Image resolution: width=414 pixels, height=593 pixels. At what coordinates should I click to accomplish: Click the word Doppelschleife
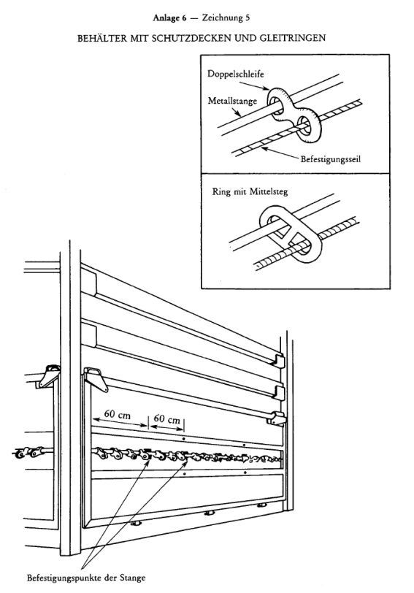tap(236, 73)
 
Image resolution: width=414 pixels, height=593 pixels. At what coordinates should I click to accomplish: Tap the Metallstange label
tap(232, 101)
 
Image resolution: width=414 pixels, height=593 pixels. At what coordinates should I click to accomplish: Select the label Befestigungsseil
tap(331, 159)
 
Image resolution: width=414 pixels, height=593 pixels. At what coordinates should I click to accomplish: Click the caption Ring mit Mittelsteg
tap(250, 191)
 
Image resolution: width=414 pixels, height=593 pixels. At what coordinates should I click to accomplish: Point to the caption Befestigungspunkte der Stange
tap(86, 578)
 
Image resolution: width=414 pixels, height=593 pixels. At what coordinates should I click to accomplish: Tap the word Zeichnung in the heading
tap(221, 18)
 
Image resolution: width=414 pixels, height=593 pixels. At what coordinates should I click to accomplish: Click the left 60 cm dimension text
tap(118, 415)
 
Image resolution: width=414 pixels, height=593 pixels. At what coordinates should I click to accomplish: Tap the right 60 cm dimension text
tap(167, 419)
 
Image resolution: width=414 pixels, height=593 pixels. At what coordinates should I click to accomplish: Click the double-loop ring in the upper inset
tap(294, 113)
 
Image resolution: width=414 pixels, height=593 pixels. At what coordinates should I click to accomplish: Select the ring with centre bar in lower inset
tap(291, 234)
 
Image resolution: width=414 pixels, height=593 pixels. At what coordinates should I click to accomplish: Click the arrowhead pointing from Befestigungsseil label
tap(264, 148)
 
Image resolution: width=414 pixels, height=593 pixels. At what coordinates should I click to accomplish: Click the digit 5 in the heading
tap(248, 18)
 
